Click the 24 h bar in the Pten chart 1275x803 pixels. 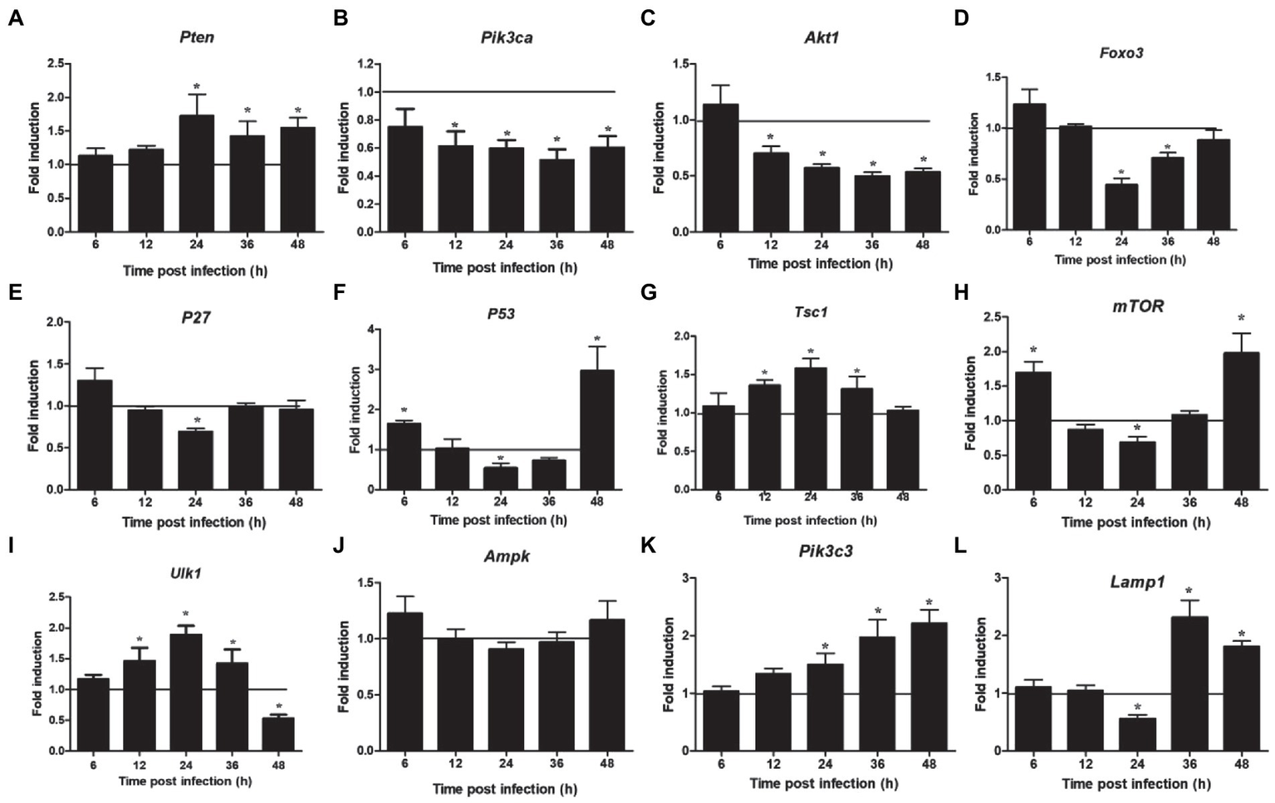[x=197, y=174]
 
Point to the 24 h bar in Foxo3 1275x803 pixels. [x=1121, y=207]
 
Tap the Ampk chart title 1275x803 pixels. [x=507, y=557]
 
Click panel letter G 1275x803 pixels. [x=649, y=292]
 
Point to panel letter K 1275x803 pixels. [x=649, y=546]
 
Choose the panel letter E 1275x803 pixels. [x=14, y=292]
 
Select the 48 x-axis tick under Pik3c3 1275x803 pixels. [x=929, y=764]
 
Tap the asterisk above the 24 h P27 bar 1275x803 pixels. [x=196, y=421]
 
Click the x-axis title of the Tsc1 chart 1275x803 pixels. [x=810, y=521]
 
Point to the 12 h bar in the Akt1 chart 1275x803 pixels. [x=771, y=192]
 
